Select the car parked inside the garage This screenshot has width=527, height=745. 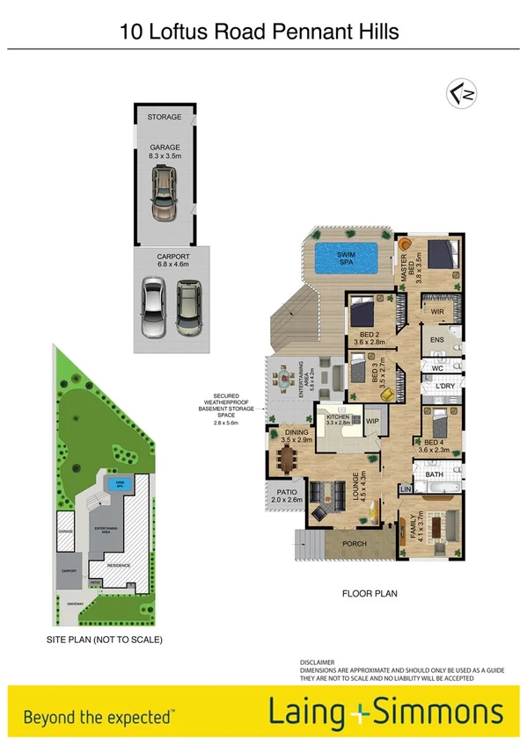pos(163,195)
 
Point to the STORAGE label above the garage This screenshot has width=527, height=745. pos(165,117)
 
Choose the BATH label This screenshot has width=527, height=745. pos(435,475)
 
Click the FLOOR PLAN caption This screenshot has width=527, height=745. pos(370,594)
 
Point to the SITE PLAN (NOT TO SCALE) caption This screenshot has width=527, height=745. pos(105,640)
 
